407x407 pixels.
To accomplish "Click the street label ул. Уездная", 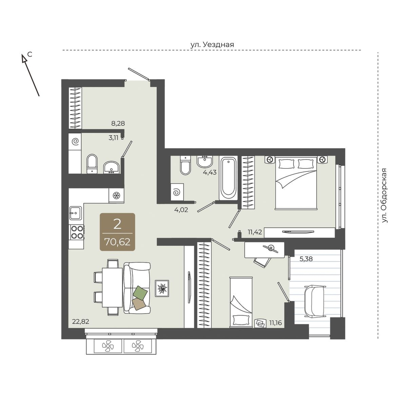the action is [x=212, y=45].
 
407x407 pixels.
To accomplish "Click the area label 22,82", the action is [x=81, y=322].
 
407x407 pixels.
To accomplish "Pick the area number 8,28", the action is [x=118, y=123].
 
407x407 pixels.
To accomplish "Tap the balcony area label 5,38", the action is [x=306, y=259].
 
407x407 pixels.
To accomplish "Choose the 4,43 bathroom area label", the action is [x=210, y=173].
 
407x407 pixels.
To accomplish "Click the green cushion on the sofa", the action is [x=140, y=292].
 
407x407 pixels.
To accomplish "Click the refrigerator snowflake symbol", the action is [x=116, y=195].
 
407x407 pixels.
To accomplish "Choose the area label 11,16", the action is [x=276, y=323].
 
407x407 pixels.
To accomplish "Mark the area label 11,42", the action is [x=255, y=232].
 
